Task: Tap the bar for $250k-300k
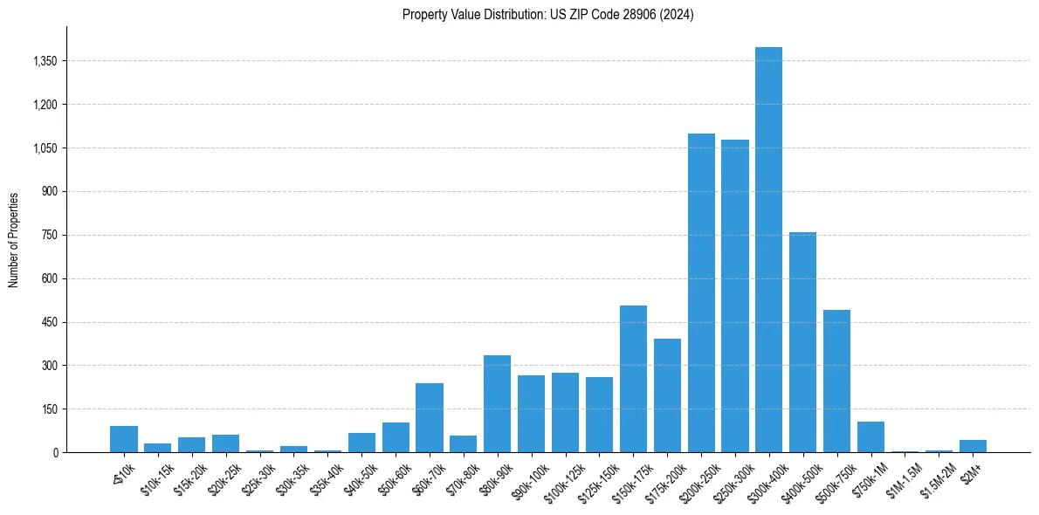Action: (735, 296)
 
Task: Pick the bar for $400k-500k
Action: (802, 342)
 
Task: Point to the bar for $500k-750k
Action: (836, 381)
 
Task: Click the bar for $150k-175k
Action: (633, 379)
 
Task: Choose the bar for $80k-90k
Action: (497, 403)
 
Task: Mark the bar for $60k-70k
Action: (430, 417)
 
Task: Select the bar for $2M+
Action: (973, 446)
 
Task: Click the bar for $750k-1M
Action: (870, 436)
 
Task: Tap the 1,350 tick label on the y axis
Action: (43, 61)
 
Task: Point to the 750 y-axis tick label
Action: (49, 235)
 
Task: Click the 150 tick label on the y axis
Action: (49, 409)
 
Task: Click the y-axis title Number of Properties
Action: (14, 240)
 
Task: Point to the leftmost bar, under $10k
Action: (124, 439)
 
